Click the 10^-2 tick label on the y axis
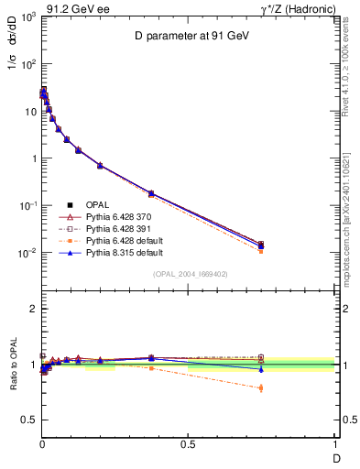(27, 253)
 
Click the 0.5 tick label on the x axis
(188, 444)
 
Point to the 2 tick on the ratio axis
(33, 309)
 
